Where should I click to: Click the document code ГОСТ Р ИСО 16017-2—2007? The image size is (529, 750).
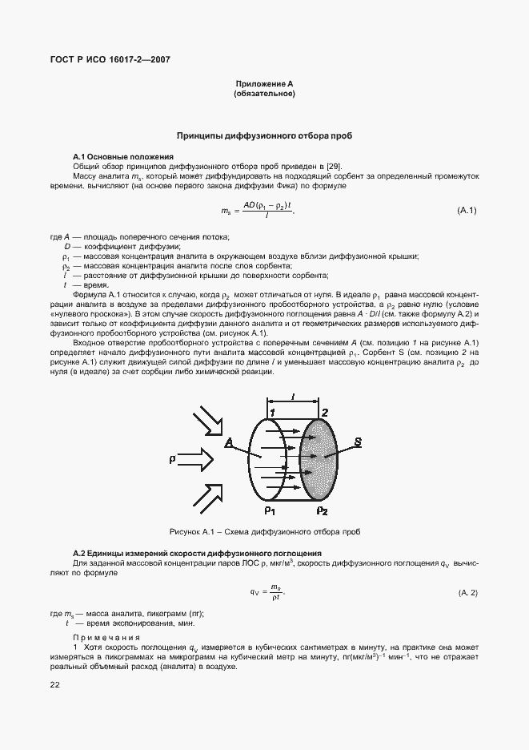pos(111,60)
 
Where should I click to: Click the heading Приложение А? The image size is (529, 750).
pos(264,84)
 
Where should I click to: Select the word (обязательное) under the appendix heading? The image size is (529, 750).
pos(264,95)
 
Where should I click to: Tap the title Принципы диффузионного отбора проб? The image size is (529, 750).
pos(264,137)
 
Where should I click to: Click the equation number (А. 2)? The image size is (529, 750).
pos(468,592)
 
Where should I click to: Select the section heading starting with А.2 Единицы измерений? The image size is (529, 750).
pos(197,554)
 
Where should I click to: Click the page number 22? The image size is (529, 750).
pos(54,684)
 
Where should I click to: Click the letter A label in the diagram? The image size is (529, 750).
pos(229,441)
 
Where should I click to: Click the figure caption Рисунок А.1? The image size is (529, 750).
pos(264,531)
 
